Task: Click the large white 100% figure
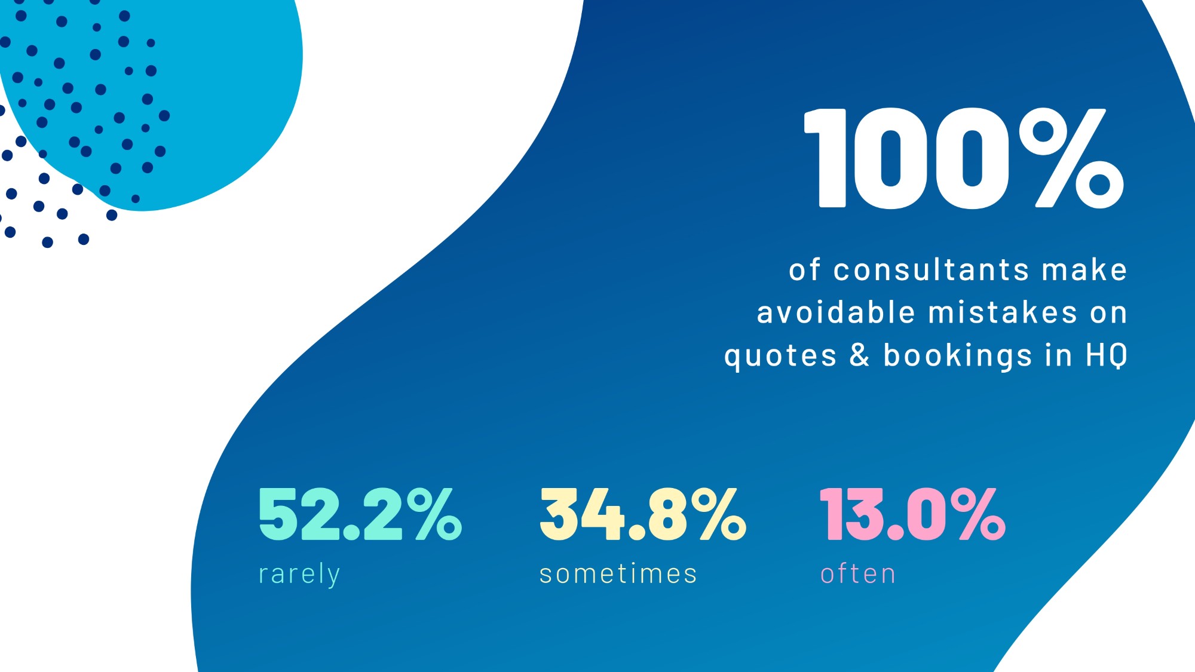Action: click(963, 158)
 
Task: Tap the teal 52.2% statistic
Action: click(360, 514)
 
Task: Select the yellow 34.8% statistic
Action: click(642, 514)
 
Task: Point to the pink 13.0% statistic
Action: click(912, 514)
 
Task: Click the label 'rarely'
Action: click(299, 574)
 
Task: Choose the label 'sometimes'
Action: click(618, 574)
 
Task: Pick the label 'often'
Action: click(858, 574)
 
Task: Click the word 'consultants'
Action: click(931, 269)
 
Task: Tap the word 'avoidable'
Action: click(836, 312)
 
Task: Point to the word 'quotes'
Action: click(780, 356)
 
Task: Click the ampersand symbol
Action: click(859, 355)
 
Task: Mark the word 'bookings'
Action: click(958, 356)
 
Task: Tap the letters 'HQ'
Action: click(1107, 355)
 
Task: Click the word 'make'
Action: click(1084, 269)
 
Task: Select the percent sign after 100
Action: click(1071, 158)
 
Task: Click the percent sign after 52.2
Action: click(438, 514)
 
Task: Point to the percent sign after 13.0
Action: click(982, 514)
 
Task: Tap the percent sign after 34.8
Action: click(722, 514)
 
